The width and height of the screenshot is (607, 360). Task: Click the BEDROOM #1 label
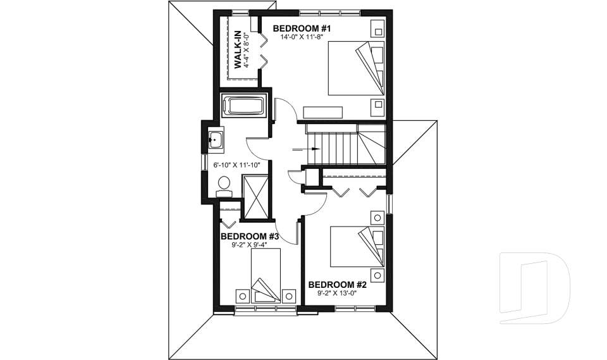click(x=302, y=28)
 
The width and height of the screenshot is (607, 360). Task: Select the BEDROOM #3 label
click(x=250, y=237)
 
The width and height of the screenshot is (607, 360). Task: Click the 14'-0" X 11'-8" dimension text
click(x=302, y=37)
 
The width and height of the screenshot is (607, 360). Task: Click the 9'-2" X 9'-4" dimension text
click(x=250, y=245)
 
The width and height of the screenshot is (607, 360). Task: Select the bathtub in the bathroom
click(x=244, y=106)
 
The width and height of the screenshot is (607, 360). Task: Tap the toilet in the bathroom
click(x=224, y=184)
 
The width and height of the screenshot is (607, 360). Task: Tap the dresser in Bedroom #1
click(x=323, y=112)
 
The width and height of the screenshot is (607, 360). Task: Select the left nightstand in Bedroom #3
click(x=242, y=295)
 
